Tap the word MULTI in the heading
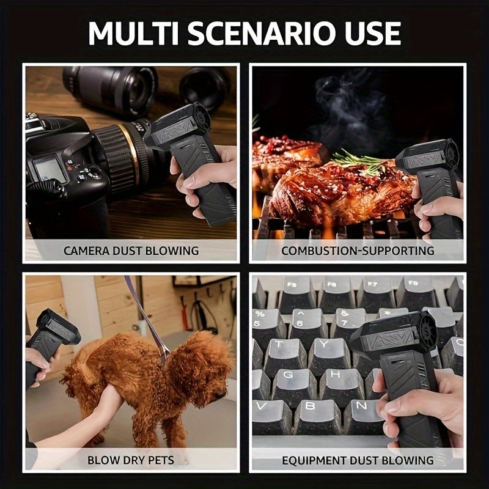click(x=133, y=34)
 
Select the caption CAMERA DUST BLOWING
click(x=131, y=251)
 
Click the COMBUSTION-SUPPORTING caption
click(x=358, y=251)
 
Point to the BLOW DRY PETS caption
click(x=131, y=460)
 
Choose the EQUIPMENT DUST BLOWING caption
click(x=358, y=460)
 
